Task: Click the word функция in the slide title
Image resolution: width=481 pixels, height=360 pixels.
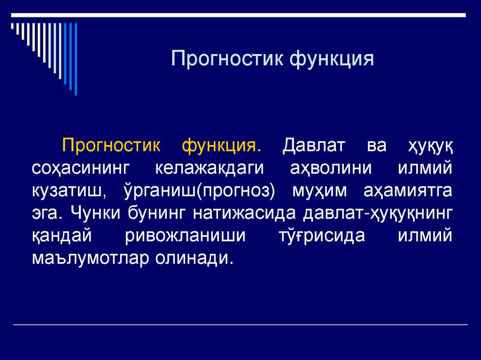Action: (x=332, y=60)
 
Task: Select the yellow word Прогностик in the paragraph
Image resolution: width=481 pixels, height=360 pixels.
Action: (x=111, y=146)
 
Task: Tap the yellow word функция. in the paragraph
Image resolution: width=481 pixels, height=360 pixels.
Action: (x=222, y=146)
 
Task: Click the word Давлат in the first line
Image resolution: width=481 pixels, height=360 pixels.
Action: (x=314, y=146)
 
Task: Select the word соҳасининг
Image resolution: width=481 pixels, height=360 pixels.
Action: (x=80, y=168)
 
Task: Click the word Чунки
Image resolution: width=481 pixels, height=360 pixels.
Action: (x=95, y=214)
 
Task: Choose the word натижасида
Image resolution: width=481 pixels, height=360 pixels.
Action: (x=243, y=214)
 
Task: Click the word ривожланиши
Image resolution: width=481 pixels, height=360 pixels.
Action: (x=186, y=236)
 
